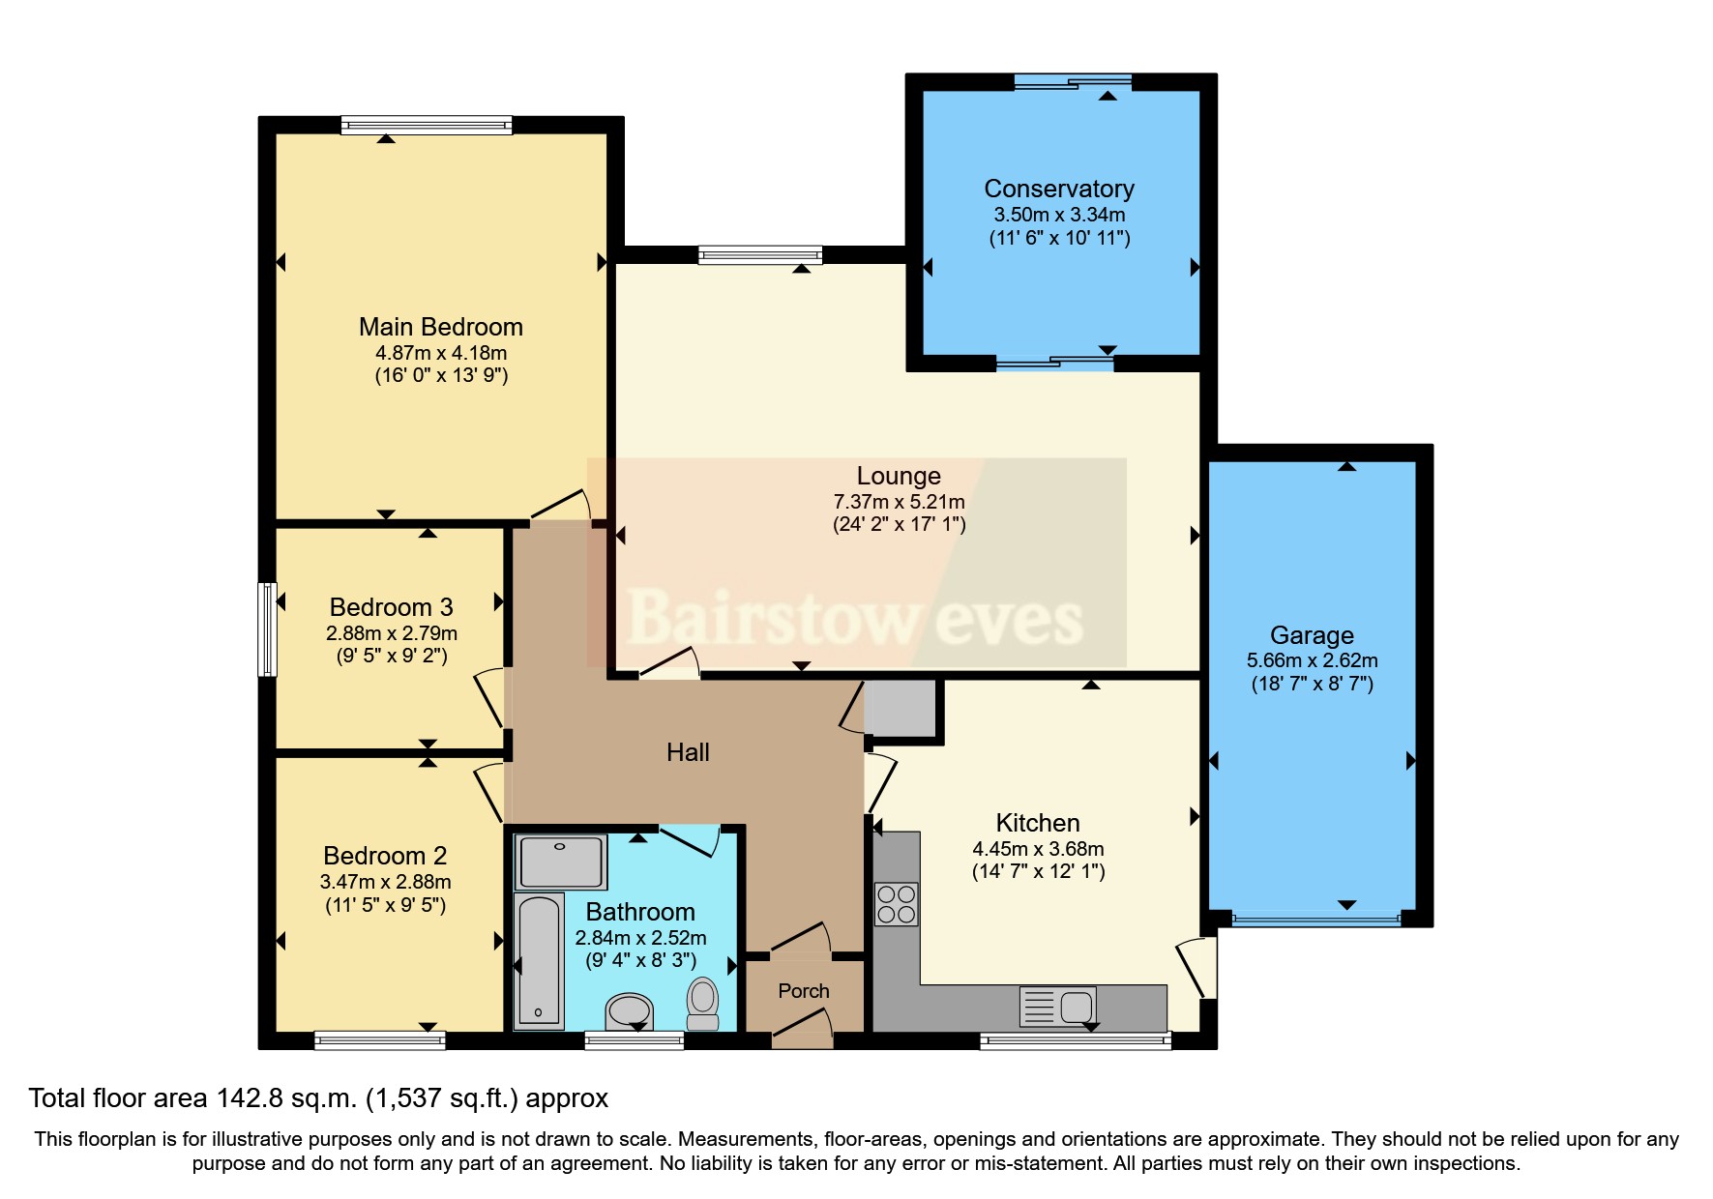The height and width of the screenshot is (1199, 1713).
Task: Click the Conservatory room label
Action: point(1058,189)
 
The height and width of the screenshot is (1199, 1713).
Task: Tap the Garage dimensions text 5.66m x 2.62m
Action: point(1312,660)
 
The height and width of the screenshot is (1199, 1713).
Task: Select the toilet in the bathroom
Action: point(703,1004)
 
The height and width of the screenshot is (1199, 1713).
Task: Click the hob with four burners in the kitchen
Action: point(896,904)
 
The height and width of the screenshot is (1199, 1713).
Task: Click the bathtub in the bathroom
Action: point(540,961)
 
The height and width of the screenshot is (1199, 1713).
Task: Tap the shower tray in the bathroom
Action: point(561,862)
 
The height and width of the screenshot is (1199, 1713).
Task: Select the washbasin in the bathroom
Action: point(630,1011)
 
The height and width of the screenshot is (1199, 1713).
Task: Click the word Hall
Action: point(688,752)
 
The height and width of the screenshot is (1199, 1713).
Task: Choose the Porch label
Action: point(804,991)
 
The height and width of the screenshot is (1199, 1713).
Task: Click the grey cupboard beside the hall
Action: point(901,708)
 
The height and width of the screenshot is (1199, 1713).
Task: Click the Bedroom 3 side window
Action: point(267,629)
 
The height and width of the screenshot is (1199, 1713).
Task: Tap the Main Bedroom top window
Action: point(427,124)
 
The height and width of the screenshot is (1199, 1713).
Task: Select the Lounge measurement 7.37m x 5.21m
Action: point(899,502)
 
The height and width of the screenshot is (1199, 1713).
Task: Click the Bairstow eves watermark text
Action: point(855,619)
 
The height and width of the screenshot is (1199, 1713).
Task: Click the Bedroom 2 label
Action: point(385,856)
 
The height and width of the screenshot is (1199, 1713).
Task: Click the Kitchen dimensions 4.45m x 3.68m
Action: point(1038,849)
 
